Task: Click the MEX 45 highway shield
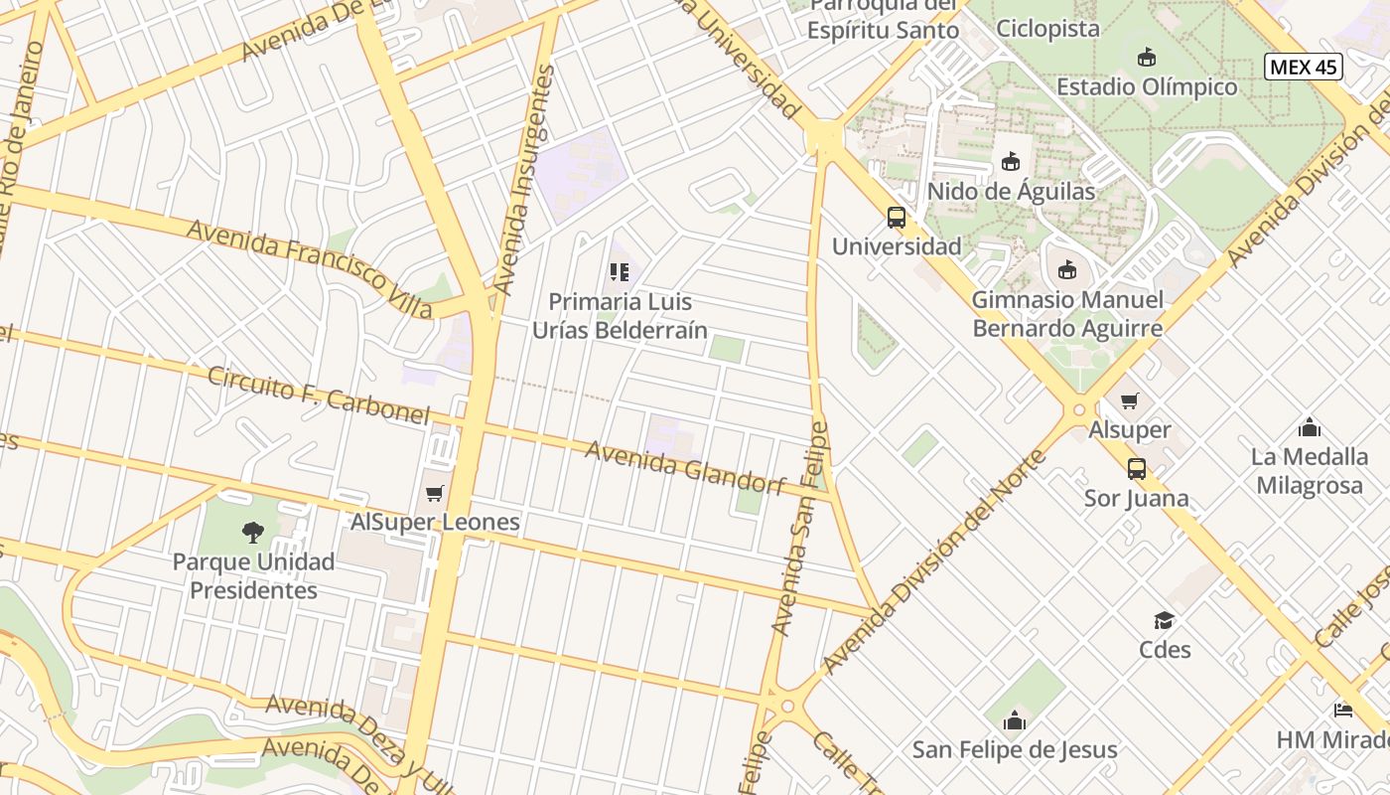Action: coord(1303,68)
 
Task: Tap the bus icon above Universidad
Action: coord(897,218)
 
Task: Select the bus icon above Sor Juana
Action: coord(1137,469)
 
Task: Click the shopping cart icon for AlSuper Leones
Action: coord(434,493)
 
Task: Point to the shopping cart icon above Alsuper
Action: coord(1129,401)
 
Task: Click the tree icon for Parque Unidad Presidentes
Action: coord(253,533)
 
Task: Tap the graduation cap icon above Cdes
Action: coord(1164,621)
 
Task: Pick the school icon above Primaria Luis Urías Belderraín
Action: coord(620,272)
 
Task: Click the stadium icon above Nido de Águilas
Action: coord(1011,161)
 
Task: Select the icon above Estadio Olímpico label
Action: coord(1147,58)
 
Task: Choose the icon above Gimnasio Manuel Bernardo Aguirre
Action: coord(1067,269)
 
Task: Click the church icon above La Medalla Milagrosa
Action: coord(1310,428)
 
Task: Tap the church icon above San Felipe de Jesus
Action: coord(1014,720)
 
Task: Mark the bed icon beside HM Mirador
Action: coord(1342,711)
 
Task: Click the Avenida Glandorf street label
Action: coord(685,467)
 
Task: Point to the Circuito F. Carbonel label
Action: coord(318,395)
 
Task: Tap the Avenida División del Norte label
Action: coord(935,561)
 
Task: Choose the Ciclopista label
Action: coord(1047,28)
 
